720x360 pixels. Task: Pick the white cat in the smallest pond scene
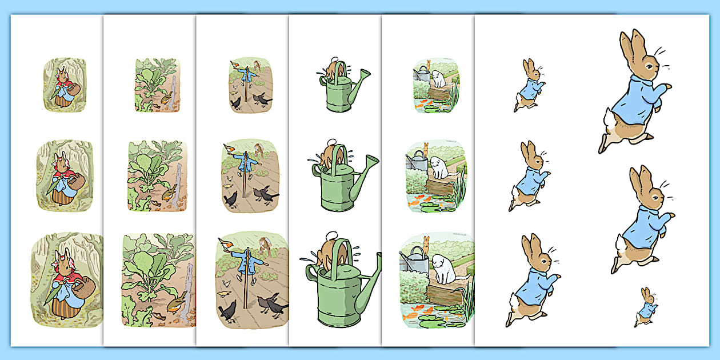click(438, 78)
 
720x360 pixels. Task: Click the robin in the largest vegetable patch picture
click(179, 299)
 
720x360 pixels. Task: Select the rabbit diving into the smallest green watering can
click(331, 67)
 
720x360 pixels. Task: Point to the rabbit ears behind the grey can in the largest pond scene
click(426, 242)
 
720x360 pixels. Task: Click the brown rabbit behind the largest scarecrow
click(264, 245)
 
